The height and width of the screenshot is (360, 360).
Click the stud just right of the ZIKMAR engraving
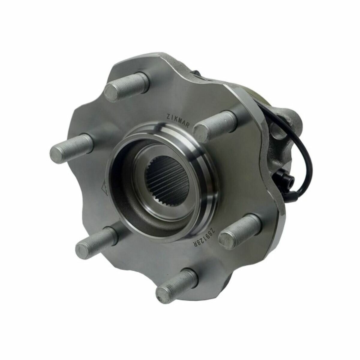(x=215, y=126)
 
